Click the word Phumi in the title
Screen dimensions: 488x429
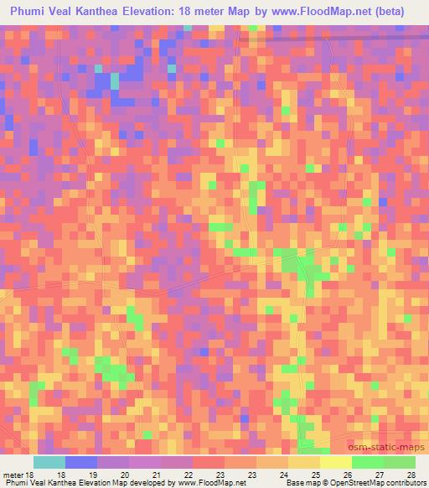[32, 12]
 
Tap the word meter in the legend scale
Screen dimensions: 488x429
[13, 474]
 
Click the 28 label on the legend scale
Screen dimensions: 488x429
[410, 474]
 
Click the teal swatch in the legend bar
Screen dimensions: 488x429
[49, 462]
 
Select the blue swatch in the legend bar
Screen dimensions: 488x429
[81, 462]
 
